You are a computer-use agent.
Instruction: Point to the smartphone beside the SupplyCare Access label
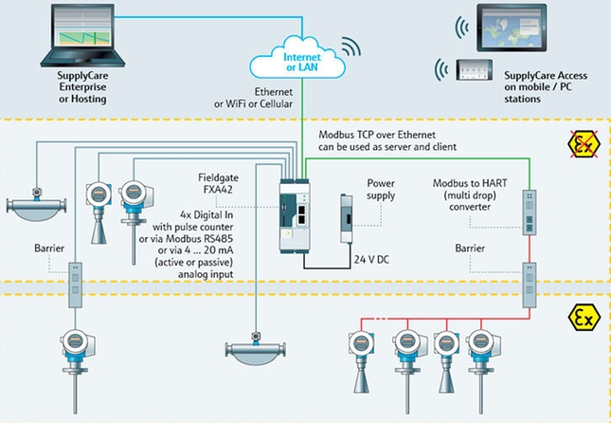tap(473, 72)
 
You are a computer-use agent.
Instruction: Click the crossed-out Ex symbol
tap(579, 145)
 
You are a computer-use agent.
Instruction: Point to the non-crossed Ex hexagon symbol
tap(580, 314)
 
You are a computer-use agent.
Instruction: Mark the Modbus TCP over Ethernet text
tap(387, 136)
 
